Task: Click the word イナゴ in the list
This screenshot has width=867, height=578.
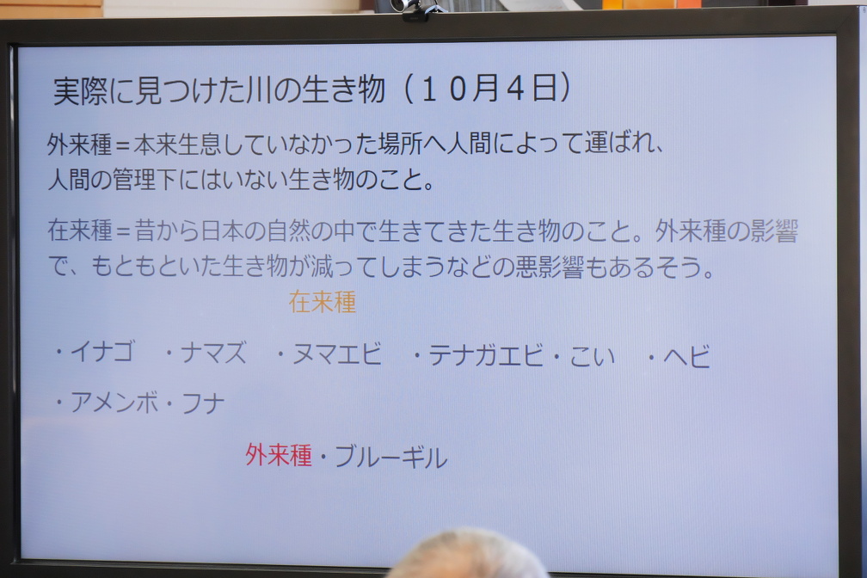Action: coord(102,352)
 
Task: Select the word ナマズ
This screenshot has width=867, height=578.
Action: coord(214,353)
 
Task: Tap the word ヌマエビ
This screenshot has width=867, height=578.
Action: coord(337,354)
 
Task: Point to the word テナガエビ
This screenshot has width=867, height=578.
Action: coord(486,355)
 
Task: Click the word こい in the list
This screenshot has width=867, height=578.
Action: coord(592,356)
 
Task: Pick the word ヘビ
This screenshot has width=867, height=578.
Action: coord(686,357)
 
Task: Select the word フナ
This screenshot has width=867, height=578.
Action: coord(203,403)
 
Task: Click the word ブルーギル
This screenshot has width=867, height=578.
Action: coord(390,458)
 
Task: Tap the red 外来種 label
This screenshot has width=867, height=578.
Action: coord(279,455)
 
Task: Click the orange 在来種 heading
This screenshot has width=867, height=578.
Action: coord(323,302)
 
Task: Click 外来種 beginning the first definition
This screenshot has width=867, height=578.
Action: coord(80,144)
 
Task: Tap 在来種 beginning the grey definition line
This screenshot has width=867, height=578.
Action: coord(80,231)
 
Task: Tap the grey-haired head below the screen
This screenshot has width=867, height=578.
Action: coord(467,555)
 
